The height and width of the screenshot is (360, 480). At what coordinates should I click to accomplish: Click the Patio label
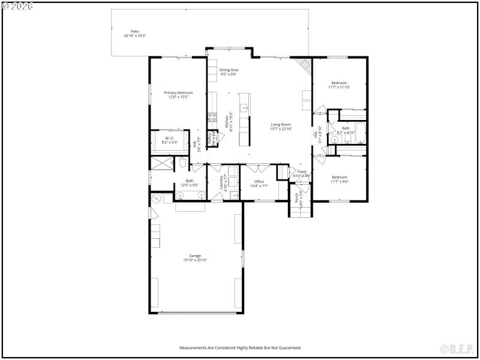(x=134, y=31)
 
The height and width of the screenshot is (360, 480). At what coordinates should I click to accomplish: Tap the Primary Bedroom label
(x=178, y=92)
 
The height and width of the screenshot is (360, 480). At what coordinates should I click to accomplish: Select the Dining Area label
(x=229, y=70)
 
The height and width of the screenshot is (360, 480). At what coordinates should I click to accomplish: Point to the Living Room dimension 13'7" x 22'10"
(x=280, y=129)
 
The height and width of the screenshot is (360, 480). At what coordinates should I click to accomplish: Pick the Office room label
(x=259, y=181)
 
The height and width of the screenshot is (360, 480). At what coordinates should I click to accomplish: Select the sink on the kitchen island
(x=243, y=108)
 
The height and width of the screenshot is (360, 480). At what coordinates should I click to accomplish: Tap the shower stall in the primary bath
(x=160, y=163)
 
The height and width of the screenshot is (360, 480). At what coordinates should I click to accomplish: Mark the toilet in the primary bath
(x=184, y=162)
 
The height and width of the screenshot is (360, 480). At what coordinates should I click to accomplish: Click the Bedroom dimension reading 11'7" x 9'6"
(x=339, y=181)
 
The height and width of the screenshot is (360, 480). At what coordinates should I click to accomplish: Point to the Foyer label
(x=302, y=172)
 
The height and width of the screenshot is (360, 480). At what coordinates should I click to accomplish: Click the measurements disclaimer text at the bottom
(x=239, y=347)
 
